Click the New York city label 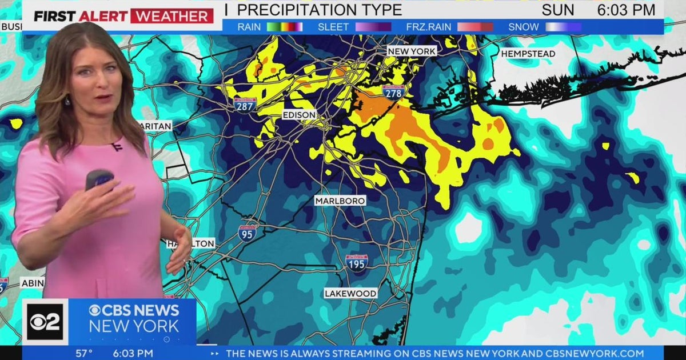point(412,51)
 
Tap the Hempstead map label point(528,54)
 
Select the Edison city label point(299,115)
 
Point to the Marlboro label point(340,201)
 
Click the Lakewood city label point(350,293)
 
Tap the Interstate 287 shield point(245,103)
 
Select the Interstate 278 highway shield point(394,91)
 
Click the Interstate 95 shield point(247,232)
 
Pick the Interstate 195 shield point(357,262)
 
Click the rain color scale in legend point(285,27)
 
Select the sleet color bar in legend point(373,27)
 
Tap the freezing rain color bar point(474,27)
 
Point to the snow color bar point(563,27)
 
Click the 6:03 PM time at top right point(626,10)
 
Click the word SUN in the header point(558,10)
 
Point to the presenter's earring point(67,101)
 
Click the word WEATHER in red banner point(171,15)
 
